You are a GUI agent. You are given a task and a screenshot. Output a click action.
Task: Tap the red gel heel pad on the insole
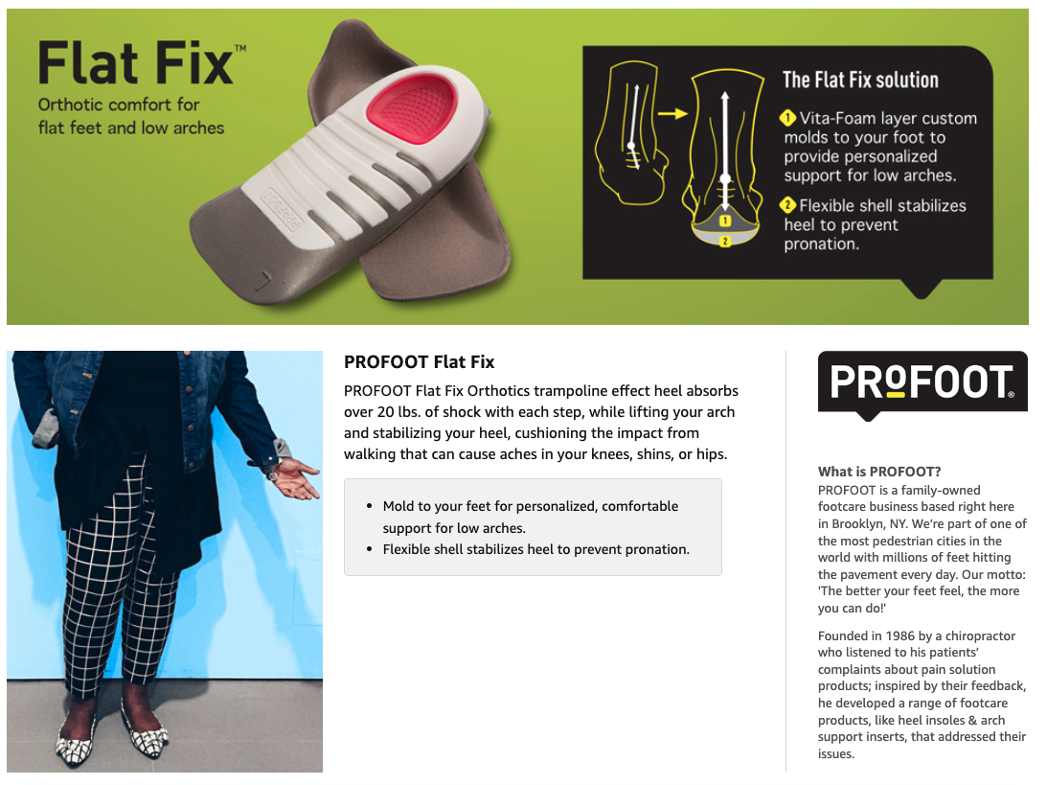pyautogui.click(x=414, y=101)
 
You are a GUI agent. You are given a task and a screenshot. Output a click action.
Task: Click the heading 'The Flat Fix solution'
pyautogui.click(x=860, y=81)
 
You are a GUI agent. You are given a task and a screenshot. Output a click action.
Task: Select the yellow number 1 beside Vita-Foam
pyautogui.click(x=787, y=119)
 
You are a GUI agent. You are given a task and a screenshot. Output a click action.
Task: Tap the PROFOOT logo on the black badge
pyautogui.click(x=922, y=382)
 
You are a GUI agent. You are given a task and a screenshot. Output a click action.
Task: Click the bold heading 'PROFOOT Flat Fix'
pyautogui.click(x=419, y=362)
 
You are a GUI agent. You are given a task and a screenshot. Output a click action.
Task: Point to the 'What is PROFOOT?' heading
pyautogui.click(x=879, y=472)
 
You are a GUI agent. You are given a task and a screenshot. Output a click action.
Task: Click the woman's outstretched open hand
pyautogui.click(x=297, y=476)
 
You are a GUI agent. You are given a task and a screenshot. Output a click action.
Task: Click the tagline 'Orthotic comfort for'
pyautogui.click(x=118, y=104)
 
